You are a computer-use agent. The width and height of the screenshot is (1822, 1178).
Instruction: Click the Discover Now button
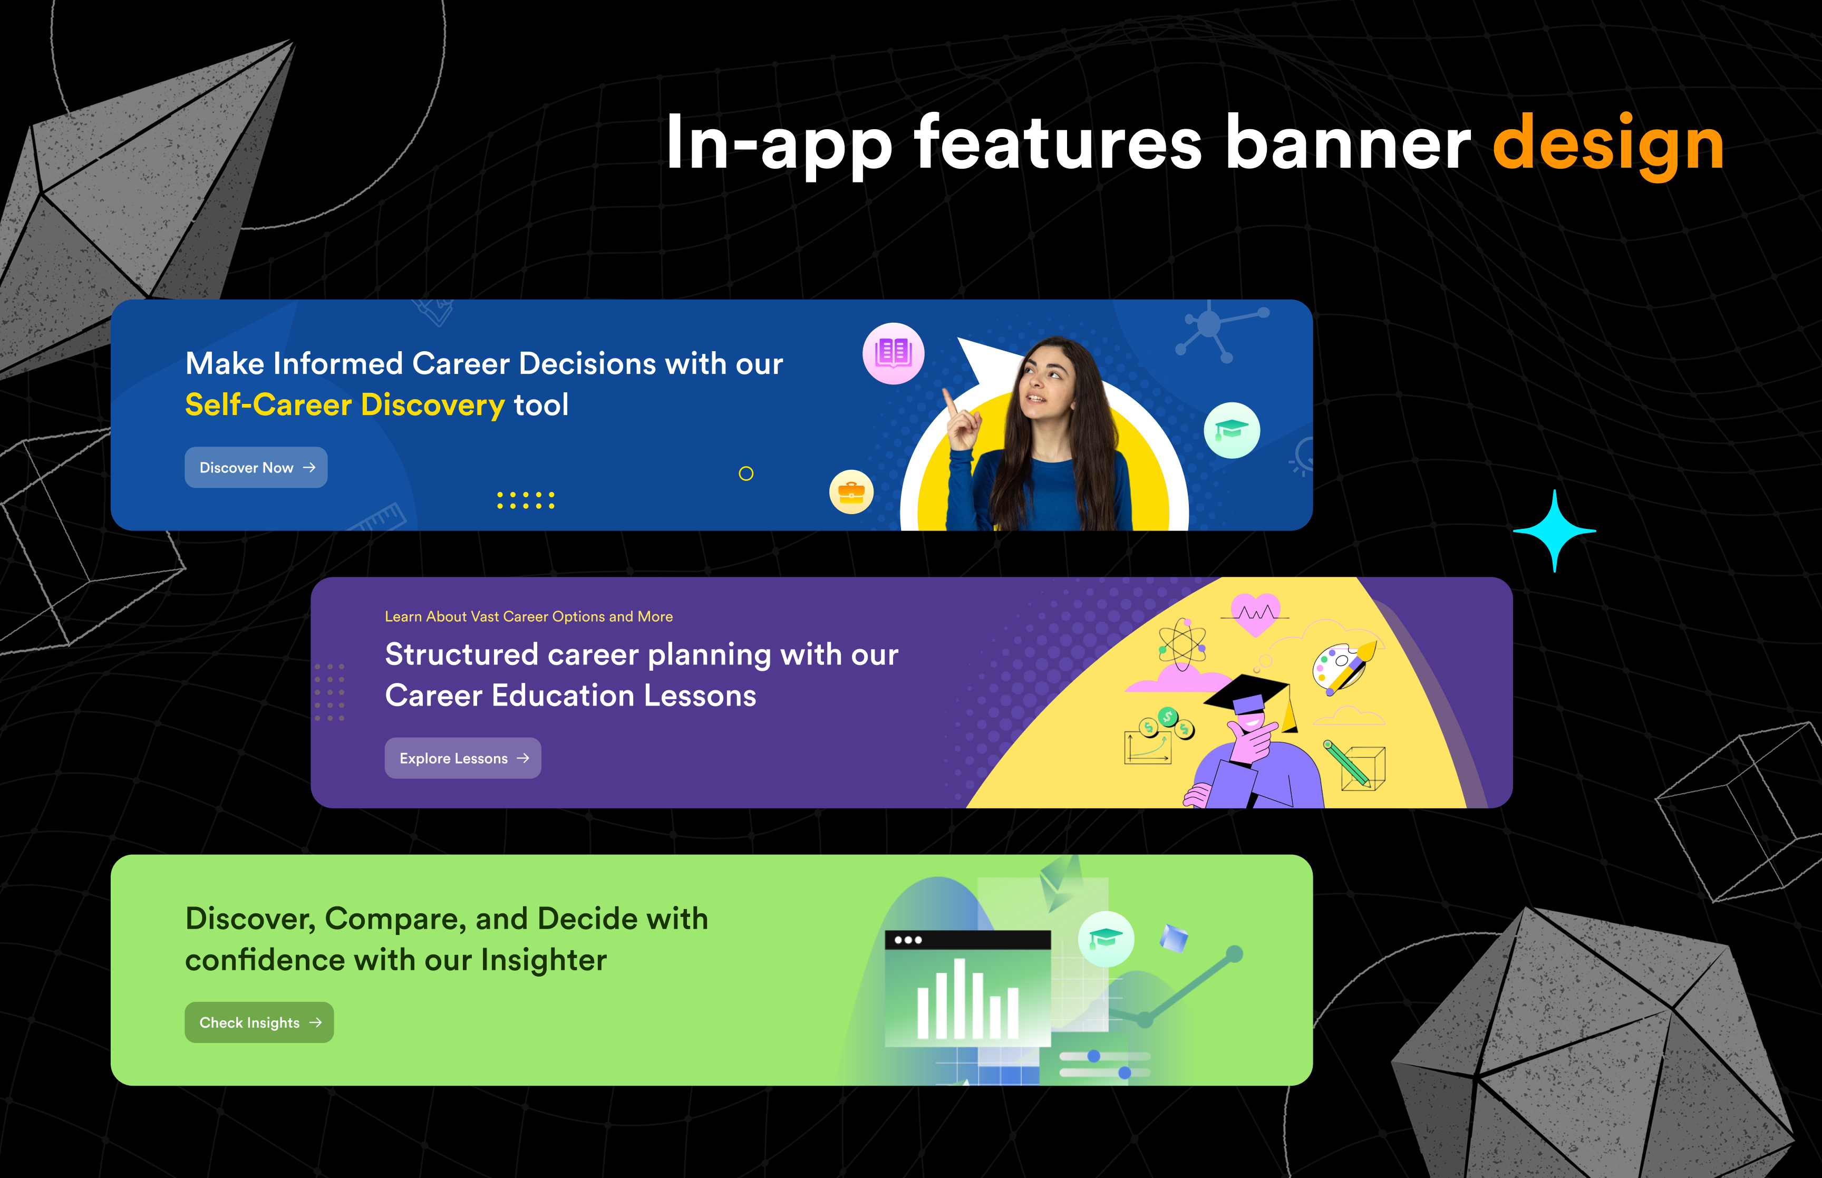[256, 467]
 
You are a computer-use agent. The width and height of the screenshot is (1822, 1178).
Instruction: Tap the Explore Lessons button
[462, 758]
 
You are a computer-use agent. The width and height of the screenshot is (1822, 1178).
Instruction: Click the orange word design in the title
[1608, 143]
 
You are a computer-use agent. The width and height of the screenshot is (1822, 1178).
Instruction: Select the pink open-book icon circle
[893, 353]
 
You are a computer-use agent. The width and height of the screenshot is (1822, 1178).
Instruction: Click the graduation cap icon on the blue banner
[1232, 430]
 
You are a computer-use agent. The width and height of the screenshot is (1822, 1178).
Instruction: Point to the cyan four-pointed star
[1554, 531]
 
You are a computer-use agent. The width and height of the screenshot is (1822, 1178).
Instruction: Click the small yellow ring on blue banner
[746, 474]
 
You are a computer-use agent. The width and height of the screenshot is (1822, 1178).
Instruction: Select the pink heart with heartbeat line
[1255, 613]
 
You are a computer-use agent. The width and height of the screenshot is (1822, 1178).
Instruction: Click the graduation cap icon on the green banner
[1106, 939]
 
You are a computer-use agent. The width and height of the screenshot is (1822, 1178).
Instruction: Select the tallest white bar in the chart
[960, 998]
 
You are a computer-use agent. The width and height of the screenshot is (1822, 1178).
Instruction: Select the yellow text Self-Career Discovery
[345, 404]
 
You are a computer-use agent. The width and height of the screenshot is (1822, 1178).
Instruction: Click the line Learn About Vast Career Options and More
[528, 616]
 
